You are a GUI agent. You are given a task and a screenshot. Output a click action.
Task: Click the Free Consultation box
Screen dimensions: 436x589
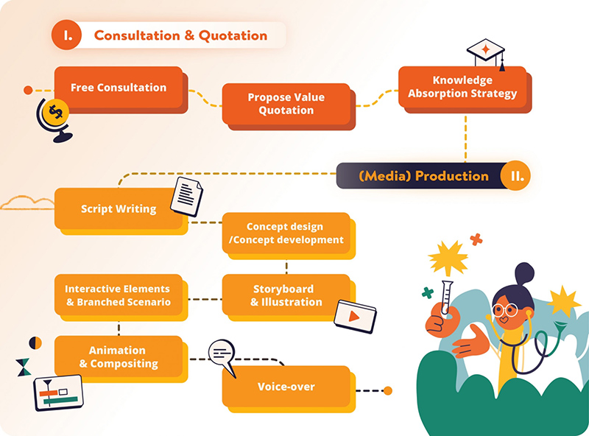118,87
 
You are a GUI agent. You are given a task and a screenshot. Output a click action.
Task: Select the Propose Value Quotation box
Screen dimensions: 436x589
286,104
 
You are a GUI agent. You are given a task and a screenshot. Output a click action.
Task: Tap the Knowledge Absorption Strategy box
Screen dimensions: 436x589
462,87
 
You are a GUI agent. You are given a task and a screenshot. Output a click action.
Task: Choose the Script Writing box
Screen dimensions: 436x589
118,208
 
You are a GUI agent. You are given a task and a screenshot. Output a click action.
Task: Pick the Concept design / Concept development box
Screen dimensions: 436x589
284,233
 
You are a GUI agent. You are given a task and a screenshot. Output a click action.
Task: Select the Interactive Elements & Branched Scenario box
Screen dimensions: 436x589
118,295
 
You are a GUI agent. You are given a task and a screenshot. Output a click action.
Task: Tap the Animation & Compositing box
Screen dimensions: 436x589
118,356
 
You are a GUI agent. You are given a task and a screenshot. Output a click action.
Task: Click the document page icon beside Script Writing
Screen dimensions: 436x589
186,197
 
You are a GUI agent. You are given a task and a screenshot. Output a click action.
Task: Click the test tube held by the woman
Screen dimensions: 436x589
445,300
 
